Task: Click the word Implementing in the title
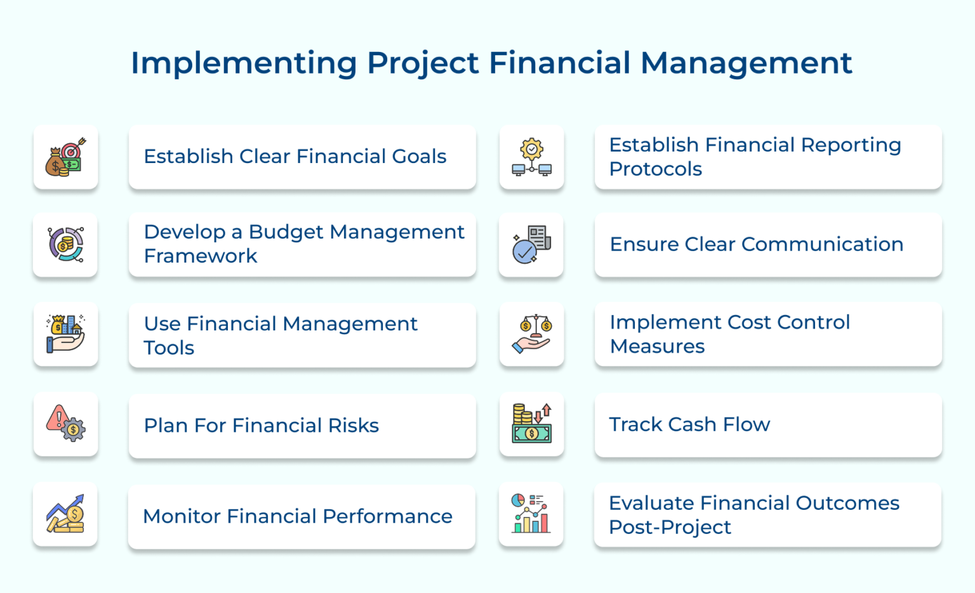(x=243, y=63)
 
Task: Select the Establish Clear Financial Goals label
(x=295, y=157)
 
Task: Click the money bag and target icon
(x=65, y=157)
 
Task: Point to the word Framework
(x=201, y=256)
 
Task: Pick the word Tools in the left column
(x=169, y=348)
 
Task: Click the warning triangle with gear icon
(x=65, y=424)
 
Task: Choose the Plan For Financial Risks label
(x=261, y=426)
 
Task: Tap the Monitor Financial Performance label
(x=297, y=516)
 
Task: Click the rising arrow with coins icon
(x=65, y=514)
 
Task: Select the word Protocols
(x=655, y=169)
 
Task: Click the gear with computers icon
(x=531, y=157)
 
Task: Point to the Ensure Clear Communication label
(x=756, y=244)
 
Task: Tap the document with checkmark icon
(x=531, y=245)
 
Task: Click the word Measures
(x=657, y=347)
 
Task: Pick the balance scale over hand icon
(x=531, y=334)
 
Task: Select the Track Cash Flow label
(x=689, y=424)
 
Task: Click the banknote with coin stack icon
(x=531, y=424)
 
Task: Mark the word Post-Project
(x=670, y=528)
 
